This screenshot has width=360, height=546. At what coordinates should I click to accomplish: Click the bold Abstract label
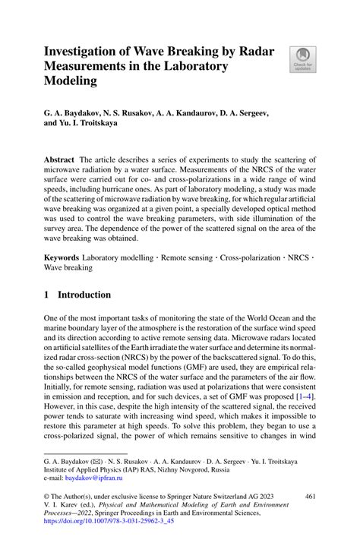(x=58, y=162)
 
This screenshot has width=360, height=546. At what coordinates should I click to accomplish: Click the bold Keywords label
(x=62, y=260)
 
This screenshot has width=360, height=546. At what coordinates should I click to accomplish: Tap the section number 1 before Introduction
(x=46, y=295)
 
